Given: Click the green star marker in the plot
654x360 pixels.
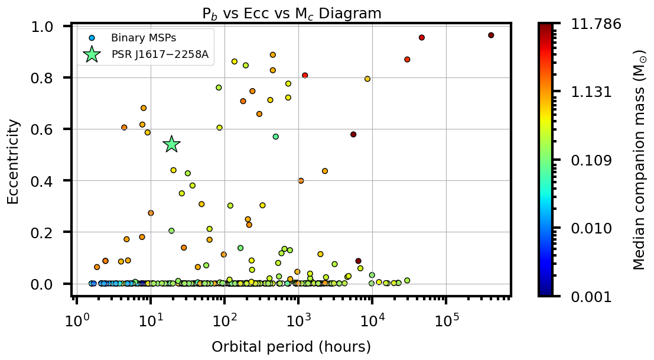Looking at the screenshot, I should [x=171, y=144].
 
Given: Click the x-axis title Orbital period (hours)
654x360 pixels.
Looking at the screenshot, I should [x=291, y=347].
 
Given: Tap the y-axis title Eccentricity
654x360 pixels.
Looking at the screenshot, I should [x=13, y=161].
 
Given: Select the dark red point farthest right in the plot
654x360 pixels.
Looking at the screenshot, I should [x=491, y=35].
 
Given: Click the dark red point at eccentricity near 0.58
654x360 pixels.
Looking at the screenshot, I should [x=353, y=134].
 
